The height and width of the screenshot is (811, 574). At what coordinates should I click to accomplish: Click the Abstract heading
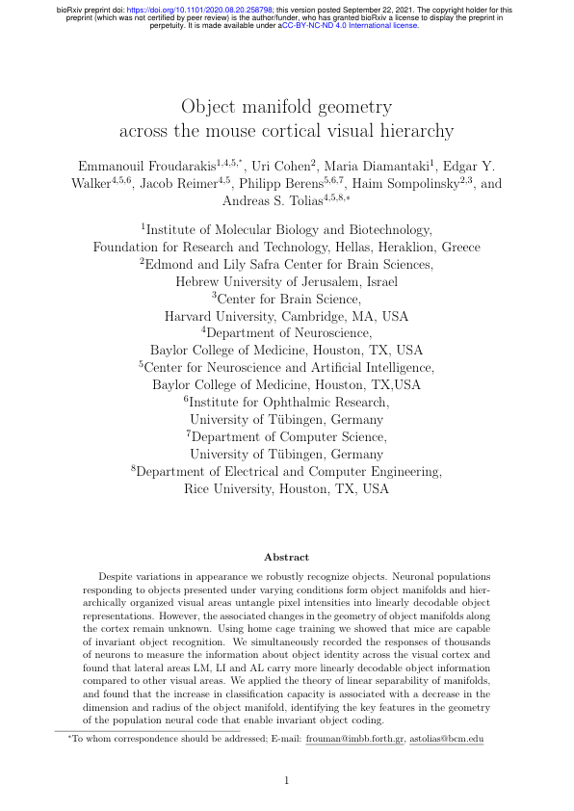(287, 557)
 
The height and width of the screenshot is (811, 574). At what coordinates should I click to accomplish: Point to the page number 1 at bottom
(287, 780)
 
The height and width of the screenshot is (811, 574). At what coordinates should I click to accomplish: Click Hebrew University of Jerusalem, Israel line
(286, 281)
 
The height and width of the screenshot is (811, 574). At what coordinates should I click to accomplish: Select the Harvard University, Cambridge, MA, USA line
(286, 315)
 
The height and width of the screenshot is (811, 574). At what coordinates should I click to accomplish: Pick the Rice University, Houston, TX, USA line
(286, 488)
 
